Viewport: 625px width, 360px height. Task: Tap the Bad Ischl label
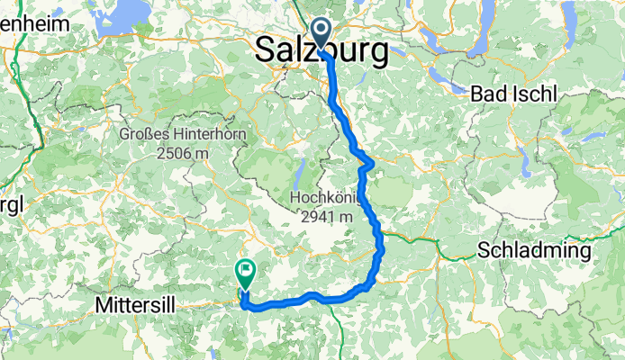(x=514, y=94)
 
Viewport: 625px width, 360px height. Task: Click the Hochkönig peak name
(x=325, y=197)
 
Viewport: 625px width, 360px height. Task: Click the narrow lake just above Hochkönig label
(x=297, y=173)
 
